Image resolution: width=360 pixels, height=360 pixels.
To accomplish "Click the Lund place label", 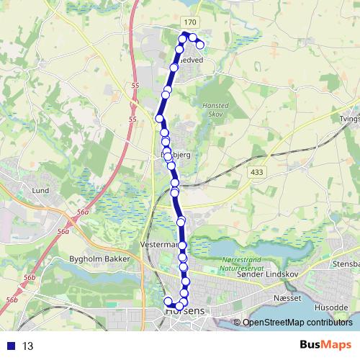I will (40, 191).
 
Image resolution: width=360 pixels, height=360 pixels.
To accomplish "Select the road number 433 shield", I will (256, 172).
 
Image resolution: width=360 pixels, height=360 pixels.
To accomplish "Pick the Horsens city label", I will (185, 312).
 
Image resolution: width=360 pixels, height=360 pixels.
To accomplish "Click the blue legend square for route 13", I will (9, 346).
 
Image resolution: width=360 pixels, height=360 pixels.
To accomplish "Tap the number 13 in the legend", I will (28, 346).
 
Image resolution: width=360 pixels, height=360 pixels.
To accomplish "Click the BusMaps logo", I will (325, 346).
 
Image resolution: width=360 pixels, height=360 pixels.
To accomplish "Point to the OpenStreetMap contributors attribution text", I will (298, 323).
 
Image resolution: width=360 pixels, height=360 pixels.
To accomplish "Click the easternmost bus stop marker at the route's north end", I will (200, 45).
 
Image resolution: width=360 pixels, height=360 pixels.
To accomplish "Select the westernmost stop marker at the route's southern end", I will (168, 301).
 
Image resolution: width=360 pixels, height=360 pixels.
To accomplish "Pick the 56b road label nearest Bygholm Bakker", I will (30, 277).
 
